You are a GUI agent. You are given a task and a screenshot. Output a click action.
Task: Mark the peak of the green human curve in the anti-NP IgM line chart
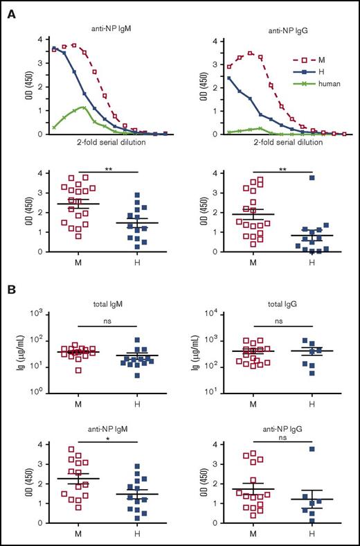pyautogui.click(x=83, y=107)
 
